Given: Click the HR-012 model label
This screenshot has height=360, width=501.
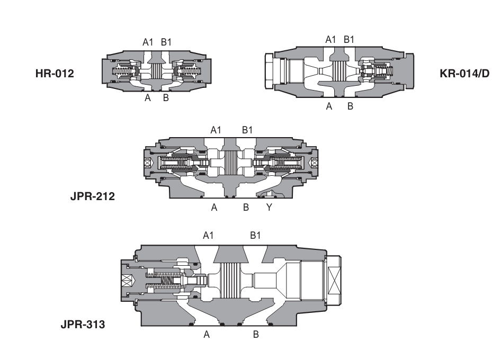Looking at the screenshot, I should pyautogui.click(x=55, y=73).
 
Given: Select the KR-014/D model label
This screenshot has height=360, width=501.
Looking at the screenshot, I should pyautogui.click(x=464, y=73).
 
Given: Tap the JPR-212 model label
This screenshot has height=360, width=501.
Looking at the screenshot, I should pyautogui.click(x=93, y=196).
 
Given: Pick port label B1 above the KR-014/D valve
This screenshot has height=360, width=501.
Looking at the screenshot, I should pyautogui.click(x=350, y=39).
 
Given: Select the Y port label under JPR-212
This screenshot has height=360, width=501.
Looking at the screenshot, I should pyautogui.click(x=269, y=208).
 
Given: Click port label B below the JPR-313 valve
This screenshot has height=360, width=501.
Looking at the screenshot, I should pyautogui.click(x=256, y=335).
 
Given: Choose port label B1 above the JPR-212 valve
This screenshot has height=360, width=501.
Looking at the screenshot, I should pyautogui.click(x=247, y=130).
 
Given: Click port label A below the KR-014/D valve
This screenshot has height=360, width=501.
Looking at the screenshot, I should pyautogui.click(x=329, y=106).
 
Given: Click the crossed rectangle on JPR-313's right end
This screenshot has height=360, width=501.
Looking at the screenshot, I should pyautogui.click(x=335, y=281).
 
